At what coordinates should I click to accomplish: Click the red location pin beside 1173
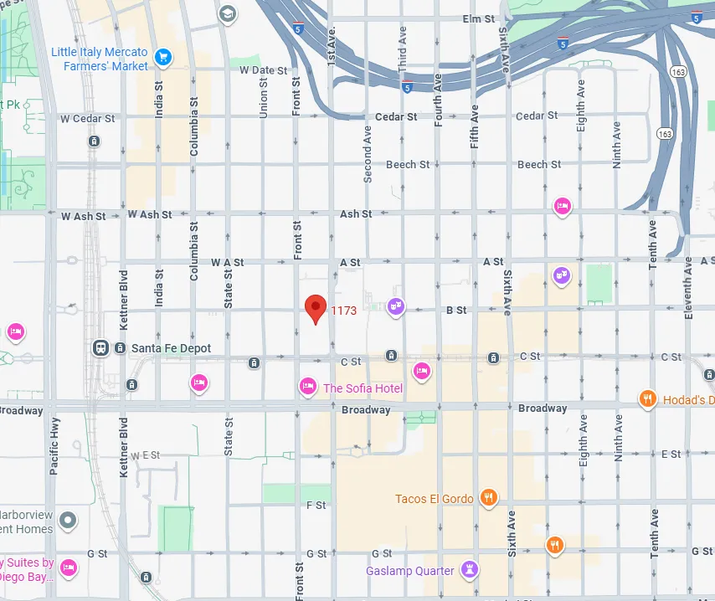click(x=315, y=307)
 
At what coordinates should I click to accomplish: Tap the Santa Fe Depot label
click(x=171, y=348)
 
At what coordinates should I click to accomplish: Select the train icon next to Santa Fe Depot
click(x=100, y=348)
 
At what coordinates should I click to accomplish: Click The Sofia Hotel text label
click(x=363, y=388)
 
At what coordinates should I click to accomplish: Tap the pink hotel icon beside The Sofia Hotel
click(x=308, y=386)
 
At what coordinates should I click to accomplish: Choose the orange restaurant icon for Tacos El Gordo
click(x=490, y=499)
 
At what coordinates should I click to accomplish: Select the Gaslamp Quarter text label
click(x=410, y=571)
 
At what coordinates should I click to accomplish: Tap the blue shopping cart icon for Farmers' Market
click(x=163, y=58)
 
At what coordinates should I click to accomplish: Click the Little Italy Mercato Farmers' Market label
click(x=100, y=59)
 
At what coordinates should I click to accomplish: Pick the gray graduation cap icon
click(x=227, y=14)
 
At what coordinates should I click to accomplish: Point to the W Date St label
click(x=263, y=71)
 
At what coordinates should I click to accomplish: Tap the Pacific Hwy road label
click(x=54, y=447)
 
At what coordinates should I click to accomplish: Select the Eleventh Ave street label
click(x=688, y=287)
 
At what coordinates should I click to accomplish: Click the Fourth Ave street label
click(x=437, y=100)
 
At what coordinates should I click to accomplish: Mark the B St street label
click(x=455, y=311)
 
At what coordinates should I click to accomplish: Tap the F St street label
click(x=316, y=506)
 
